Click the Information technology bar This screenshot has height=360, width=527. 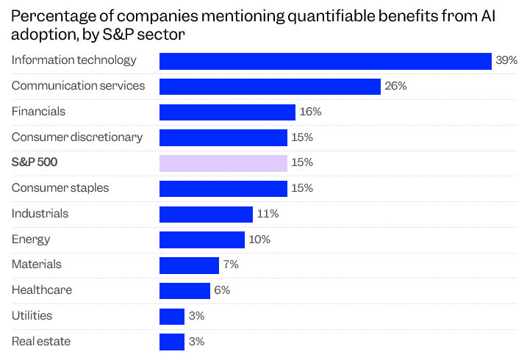point(325,61)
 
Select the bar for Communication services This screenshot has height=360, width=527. point(270,87)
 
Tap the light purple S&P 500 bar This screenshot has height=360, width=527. point(223,163)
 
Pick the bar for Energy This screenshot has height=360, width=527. point(202,240)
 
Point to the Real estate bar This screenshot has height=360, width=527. point(172,342)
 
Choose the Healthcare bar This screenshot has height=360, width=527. point(184,290)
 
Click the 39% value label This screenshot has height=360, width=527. point(506,61)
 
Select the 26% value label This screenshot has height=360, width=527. point(395,87)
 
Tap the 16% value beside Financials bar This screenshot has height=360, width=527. point(310,112)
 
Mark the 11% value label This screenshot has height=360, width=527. point(268,214)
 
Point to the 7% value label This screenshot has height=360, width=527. point(231,264)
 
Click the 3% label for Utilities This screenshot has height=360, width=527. point(196,316)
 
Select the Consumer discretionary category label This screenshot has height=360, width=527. point(77,137)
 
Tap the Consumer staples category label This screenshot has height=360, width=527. point(60,188)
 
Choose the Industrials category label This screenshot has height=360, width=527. point(40,214)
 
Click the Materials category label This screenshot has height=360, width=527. point(37,264)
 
